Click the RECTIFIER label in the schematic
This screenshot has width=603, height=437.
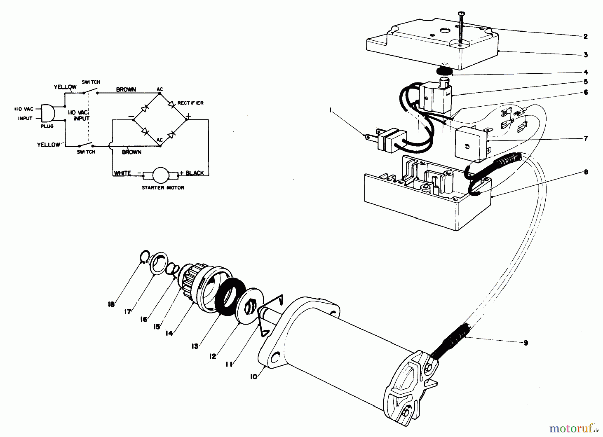(190, 103)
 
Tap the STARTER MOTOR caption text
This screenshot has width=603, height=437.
(163, 188)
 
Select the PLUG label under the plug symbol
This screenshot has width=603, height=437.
(47, 126)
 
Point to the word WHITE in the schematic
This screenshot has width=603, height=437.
(123, 173)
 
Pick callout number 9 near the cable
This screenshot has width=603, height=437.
(525, 342)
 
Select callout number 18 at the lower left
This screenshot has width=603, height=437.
(111, 304)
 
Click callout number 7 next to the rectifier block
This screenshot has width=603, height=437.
(585, 138)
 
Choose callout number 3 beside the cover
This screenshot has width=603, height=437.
(585, 55)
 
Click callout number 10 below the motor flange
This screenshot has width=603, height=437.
(254, 377)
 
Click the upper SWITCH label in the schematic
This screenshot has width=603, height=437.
(91, 82)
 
